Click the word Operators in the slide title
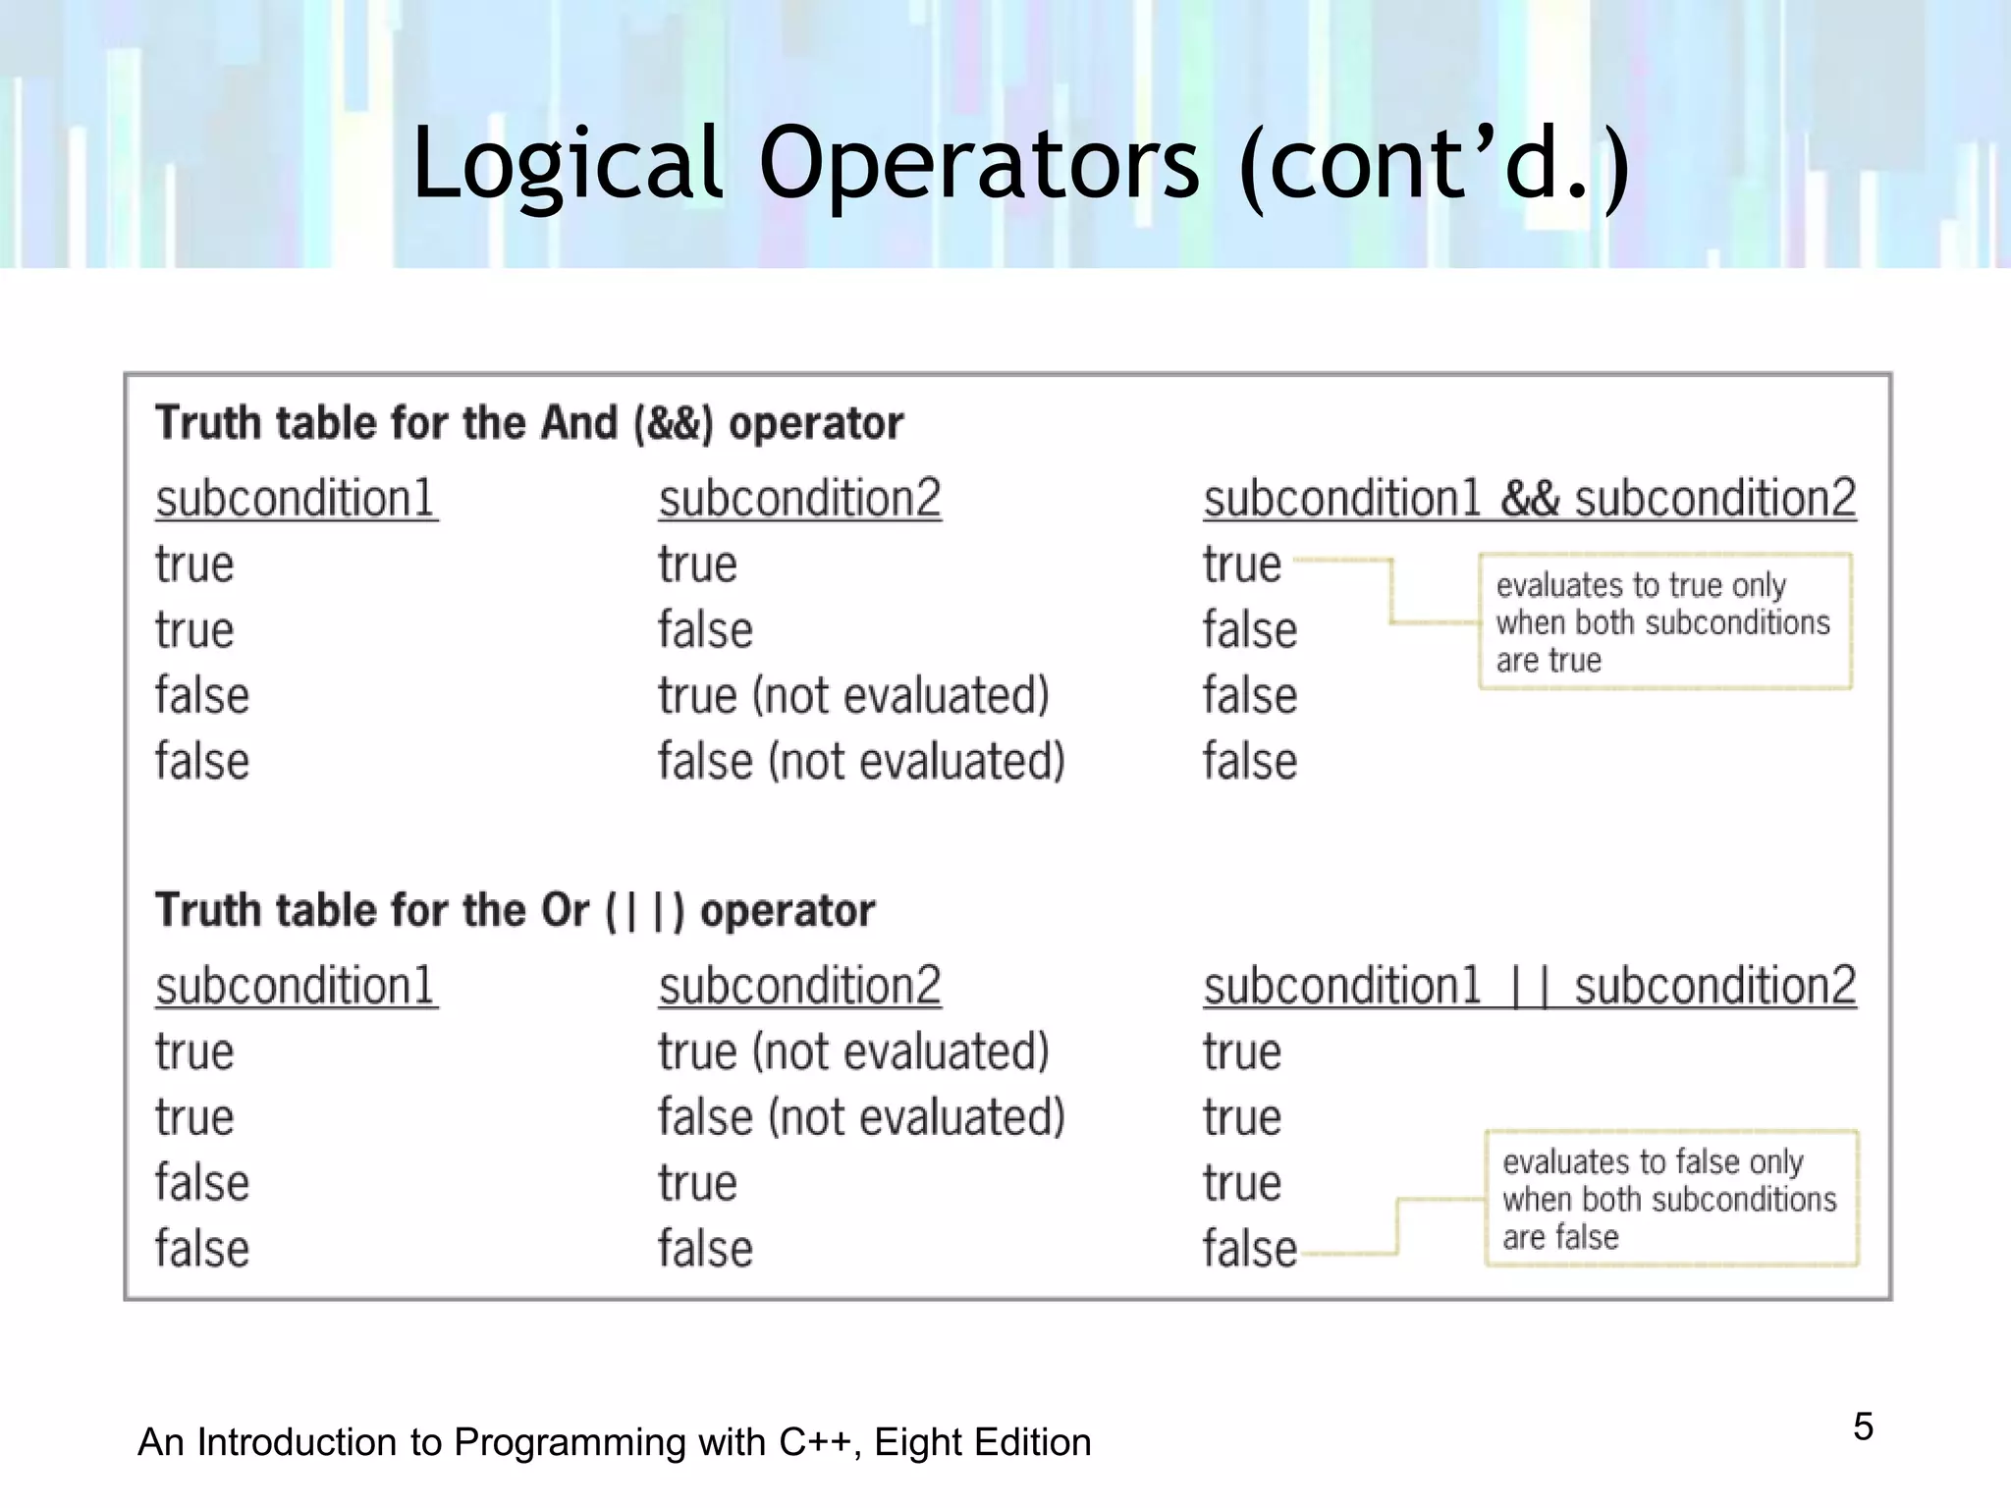[978, 163]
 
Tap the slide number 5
[1863, 1427]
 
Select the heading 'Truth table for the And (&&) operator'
[529, 423]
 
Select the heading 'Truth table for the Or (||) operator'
[515, 910]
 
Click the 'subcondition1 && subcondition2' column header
[1529, 499]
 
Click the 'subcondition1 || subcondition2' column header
[1529, 986]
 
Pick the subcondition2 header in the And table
[799, 499]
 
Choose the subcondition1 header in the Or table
[296, 986]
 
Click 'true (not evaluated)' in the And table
[853, 696]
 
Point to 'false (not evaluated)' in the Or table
[861, 1117]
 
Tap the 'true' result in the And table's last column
[1242, 565]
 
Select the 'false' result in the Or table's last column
[1249, 1249]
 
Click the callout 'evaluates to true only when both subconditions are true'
[1664, 622]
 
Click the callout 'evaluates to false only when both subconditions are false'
[1670, 1199]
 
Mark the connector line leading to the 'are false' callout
[1398, 1226]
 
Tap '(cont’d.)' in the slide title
[1435, 163]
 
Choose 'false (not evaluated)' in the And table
[861, 762]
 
